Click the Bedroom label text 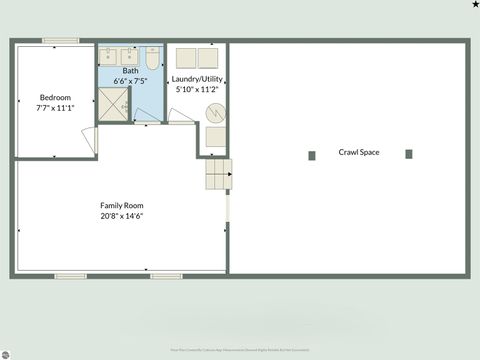click(56, 97)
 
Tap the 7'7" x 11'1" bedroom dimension click(56, 108)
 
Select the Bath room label click(131, 71)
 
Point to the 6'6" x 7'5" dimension click(131, 81)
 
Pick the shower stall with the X click(111, 103)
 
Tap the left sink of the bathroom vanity click(108, 55)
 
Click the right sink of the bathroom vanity click(128, 55)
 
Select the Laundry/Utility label click(196, 78)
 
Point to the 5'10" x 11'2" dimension click(196, 89)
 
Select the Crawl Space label click(358, 152)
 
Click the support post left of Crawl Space click(312, 154)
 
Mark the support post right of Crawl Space click(409, 154)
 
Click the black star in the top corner click(475, 5)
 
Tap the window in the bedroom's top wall click(60, 41)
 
